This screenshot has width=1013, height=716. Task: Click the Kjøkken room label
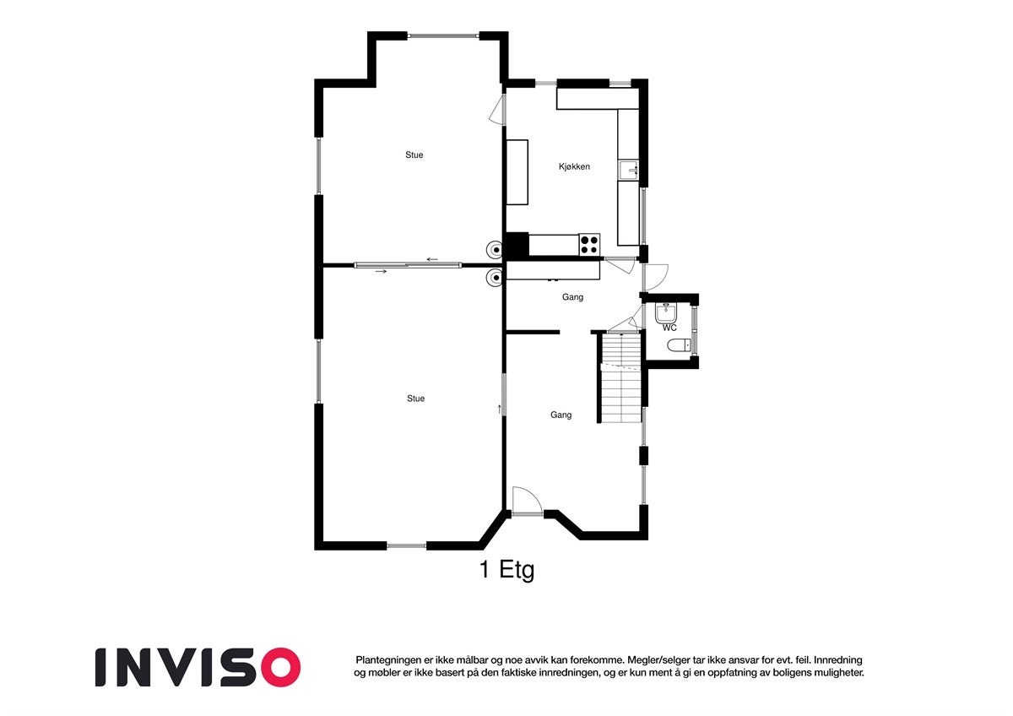(574, 167)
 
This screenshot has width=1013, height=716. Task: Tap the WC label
(669, 328)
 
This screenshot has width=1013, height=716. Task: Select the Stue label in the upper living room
(414, 155)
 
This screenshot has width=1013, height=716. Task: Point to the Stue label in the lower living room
(415, 399)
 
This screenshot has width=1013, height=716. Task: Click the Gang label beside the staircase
(561, 415)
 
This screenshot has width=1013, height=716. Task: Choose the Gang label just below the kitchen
(572, 297)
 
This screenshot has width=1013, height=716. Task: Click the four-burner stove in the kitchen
(589, 245)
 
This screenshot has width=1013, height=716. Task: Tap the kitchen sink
(630, 171)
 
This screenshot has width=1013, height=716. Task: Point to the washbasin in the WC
(666, 312)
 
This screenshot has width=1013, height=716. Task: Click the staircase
(622, 378)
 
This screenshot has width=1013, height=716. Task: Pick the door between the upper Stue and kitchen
(499, 109)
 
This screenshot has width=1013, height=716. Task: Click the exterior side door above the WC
(655, 276)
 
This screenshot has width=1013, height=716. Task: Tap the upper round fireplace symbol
(494, 249)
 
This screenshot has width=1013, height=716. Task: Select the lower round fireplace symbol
(494, 277)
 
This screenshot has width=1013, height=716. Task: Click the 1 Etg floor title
(506, 571)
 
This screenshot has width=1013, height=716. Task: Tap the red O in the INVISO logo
(279, 667)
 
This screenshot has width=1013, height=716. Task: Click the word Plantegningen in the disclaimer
(389, 659)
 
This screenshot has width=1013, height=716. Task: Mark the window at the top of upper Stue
(443, 35)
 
